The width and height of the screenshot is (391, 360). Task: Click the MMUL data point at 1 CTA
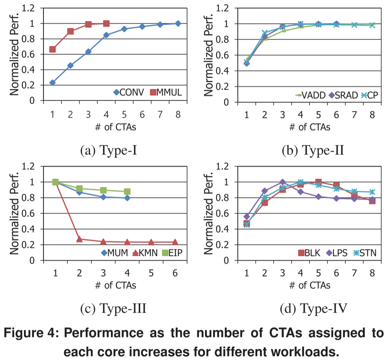pos(53,49)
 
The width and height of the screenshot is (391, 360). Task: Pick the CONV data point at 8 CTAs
pos(178,23)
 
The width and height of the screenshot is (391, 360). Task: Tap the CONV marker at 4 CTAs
pos(106,35)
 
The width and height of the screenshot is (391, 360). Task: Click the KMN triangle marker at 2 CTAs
pos(79,239)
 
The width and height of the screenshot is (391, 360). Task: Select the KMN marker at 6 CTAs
pos(175,242)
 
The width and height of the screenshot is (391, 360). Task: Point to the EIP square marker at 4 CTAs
pos(127,191)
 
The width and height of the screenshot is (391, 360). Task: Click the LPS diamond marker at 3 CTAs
pos(282,182)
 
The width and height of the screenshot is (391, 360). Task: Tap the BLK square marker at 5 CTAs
pos(318,182)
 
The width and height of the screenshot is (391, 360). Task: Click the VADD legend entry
pos(310,95)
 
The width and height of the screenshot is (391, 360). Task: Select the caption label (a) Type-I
pos(109,151)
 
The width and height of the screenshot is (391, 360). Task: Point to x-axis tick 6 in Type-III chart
pos(175,273)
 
